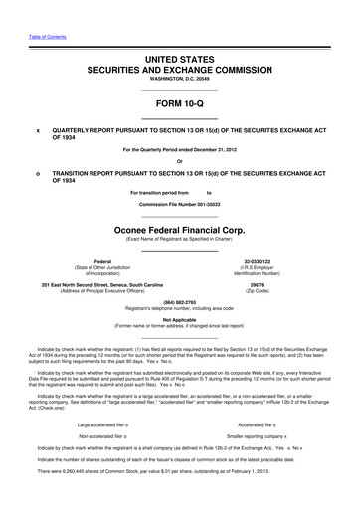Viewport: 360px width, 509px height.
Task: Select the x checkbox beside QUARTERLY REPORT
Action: pyautogui.click(x=38, y=129)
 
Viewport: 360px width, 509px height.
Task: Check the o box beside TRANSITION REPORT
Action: pyautogui.click(x=38, y=174)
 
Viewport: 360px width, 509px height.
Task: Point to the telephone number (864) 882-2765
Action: pyautogui.click(x=180, y=302)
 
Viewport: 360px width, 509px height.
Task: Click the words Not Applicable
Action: pyautogui.click(x=180, y=319)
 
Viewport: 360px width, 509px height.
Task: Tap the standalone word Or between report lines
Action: pyautogui.click(x=180, y=162)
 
